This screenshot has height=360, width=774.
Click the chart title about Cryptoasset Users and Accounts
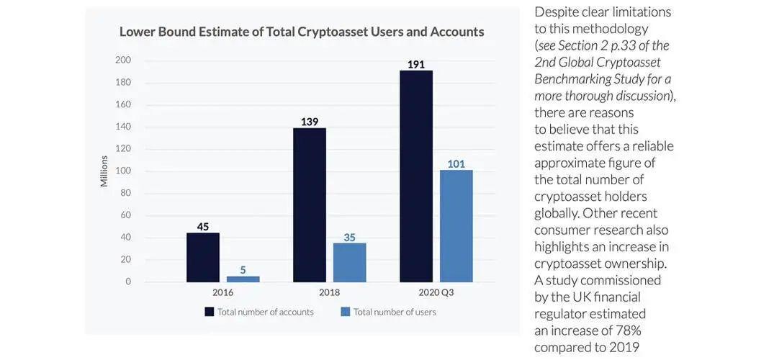pyautogui.click(x=302, y=32)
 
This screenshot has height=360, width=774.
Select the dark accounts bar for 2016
pyautogui.click(x=203, y=257)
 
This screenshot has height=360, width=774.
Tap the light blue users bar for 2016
pyautogui.click(x=243, y=279)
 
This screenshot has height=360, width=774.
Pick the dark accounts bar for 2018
pyautogui.click(x=310, y=205)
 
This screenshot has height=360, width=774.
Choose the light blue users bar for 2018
pyautogui.click(x=349, y=262)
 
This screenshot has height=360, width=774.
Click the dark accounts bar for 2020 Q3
pyautogui.click(x=416, y=176)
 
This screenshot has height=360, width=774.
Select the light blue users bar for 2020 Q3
pyautogui.click(x=456, y=226)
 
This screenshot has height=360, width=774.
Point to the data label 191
pyautogui.click(x=416, y=64)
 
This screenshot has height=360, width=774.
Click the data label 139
pyautogui.click(x=310, y=122)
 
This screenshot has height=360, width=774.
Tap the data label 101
pyautogui.click(x=456, y=163)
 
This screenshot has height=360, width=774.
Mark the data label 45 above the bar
pyautogui.click(x=203, y=227)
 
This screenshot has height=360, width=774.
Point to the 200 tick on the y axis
pyautogui.click(x=123, y=60)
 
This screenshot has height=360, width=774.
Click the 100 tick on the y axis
pyautogui.click(x=123, y=171)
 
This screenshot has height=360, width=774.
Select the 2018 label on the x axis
pyautogui.click(x=329, y=292)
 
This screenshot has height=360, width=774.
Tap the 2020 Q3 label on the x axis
pyautogui.click(x=436, y=292)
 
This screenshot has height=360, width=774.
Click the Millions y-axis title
pyautogui.click(x=104, y=171)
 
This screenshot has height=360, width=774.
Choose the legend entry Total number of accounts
pyautogui.click(x=259, y=312)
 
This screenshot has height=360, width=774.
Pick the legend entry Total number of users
pyautogui.click(x=389, y=312)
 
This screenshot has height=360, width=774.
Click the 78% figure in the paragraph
pyautogui.click(x=628, y=330)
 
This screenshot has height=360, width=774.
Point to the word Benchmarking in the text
pyautogui.click(x=572, y=78)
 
